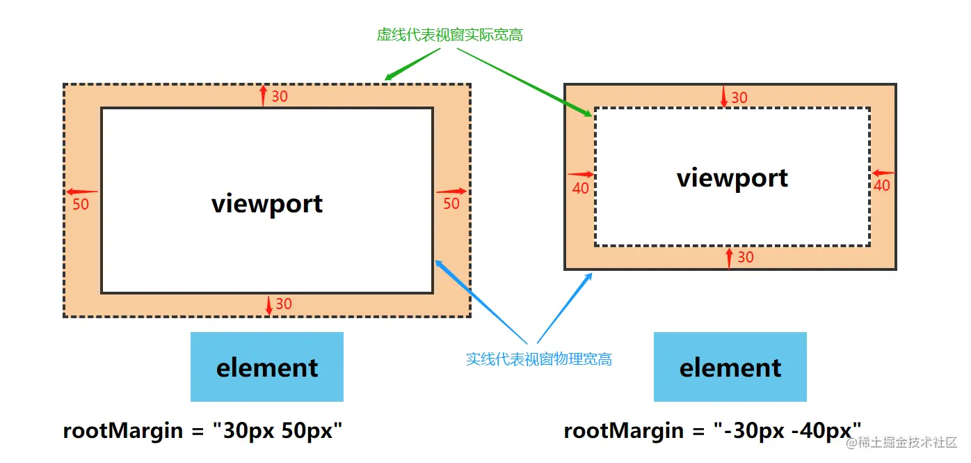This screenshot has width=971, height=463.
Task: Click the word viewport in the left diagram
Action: click(x=267, y=203)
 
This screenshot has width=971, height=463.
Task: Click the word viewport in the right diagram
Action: click(x=732, y=178)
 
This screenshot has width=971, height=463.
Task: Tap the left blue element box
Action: click(x=267, y=367)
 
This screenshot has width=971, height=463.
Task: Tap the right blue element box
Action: click(x=730, y=367)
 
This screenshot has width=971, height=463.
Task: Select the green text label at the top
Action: click(x=449, y=35)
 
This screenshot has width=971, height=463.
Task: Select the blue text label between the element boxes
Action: click(x=538, y=359)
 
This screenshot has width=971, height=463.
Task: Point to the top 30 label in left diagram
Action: click(x=280, y=97)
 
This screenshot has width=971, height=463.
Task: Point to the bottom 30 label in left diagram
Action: click(x=284, y=304)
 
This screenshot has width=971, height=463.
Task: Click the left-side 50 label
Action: click(x=81, y=205)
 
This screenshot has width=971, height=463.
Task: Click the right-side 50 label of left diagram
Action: click(x=451, y=204)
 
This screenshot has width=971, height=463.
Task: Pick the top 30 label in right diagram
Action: click(x=739, y=98)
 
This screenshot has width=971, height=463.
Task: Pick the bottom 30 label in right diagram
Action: click(x=745, y=258)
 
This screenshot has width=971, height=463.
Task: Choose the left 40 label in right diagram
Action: click(x=580, y=188)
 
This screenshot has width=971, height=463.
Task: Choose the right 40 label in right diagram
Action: click(x=881, y=186)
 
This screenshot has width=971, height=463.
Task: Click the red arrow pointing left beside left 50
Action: click(x=82, y=191)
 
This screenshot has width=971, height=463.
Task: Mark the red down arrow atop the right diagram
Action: click(x=724, y=96)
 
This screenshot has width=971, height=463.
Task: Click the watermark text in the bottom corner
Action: click(x=901, y=443)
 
